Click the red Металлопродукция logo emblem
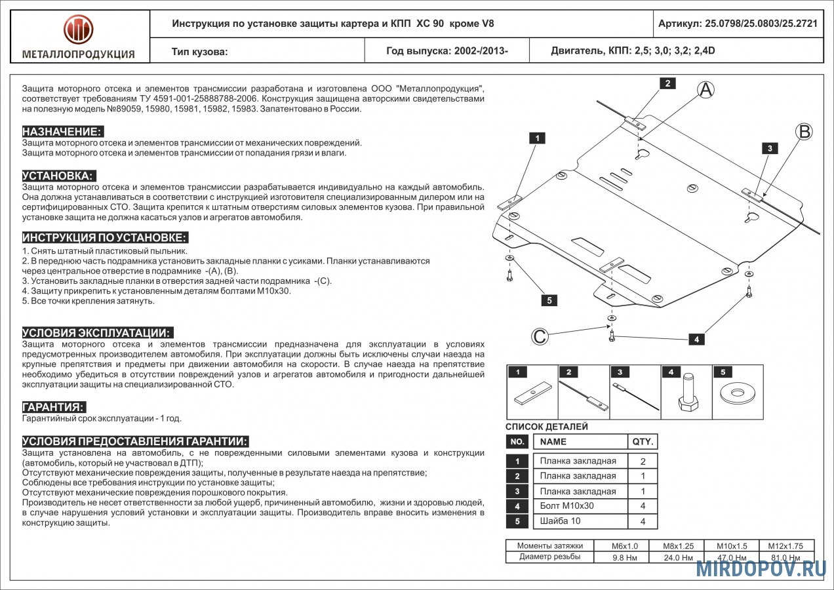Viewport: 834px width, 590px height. [78, 29]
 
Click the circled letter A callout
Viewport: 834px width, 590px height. [705, 90]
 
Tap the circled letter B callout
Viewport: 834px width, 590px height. [804, 131]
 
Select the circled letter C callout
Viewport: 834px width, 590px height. [539, 336]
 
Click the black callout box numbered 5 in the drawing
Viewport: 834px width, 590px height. [549, 300]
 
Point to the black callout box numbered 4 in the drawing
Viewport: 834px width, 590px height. [696, 339]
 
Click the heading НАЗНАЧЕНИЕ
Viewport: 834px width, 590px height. [63, 132]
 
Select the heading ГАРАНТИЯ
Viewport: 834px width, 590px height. [54, 407]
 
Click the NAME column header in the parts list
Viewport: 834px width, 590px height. [553, 442]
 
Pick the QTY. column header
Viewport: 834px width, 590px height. [643, 442]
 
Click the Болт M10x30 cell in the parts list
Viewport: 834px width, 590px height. [566, 506]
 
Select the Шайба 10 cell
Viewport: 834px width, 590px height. [560, 521]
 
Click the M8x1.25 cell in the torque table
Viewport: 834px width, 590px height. [677, 545]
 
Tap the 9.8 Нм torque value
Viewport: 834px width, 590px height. [621, 558]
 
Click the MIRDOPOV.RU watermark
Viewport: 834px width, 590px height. [761, 569]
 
